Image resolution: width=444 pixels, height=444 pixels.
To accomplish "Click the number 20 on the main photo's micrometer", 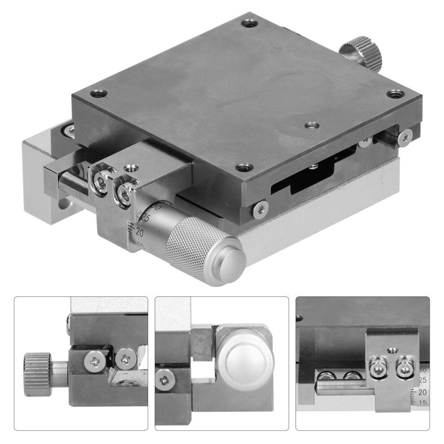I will pyautogui.click(x=139, y=232).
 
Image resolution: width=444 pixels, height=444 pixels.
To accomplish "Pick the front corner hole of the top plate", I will pyautogui.click(x=244, y=167).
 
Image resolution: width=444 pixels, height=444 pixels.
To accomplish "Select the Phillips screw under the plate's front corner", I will pyautogui.click(x=261, y=209).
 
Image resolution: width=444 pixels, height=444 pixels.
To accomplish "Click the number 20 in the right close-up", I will pyautogui.click(x=422, y=392).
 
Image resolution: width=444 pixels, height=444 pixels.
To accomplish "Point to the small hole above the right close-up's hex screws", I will pyautogui.click(x=393, y=350).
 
